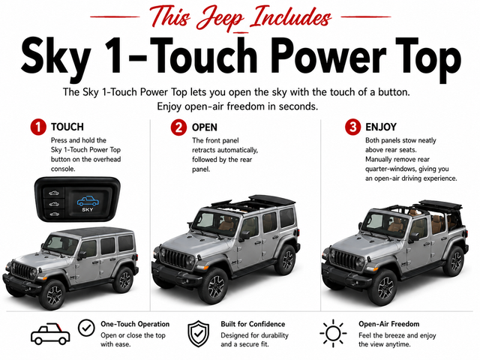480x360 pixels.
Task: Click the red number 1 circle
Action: click(x=38, y=127)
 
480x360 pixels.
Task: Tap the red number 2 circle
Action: click(x=178, y=127)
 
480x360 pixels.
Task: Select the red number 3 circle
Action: click(x=353, y=127)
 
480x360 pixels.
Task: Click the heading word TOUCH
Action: click(x=67, y=127)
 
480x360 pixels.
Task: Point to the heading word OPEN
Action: click(x=205, y=127)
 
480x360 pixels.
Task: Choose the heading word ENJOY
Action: click(x=381, y=127)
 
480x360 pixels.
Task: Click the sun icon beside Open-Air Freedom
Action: click(x=333, y=333)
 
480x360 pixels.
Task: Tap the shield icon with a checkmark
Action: click(x=198, y=334)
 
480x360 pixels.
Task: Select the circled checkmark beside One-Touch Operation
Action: click(x=86, y=328)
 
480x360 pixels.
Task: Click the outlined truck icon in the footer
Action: click(x=50, y=334)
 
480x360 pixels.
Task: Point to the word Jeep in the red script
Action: click(x=221, y=18)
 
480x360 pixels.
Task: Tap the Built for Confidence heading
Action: click(x=253, y=324)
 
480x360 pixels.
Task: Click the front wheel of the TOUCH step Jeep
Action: click(x=54, y=295)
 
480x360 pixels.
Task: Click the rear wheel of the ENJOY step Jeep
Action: click(x=455, y=261)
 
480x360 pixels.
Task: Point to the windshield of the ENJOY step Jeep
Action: click(x=379, y=221)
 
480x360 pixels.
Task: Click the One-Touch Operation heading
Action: click(x=135, y=324)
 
